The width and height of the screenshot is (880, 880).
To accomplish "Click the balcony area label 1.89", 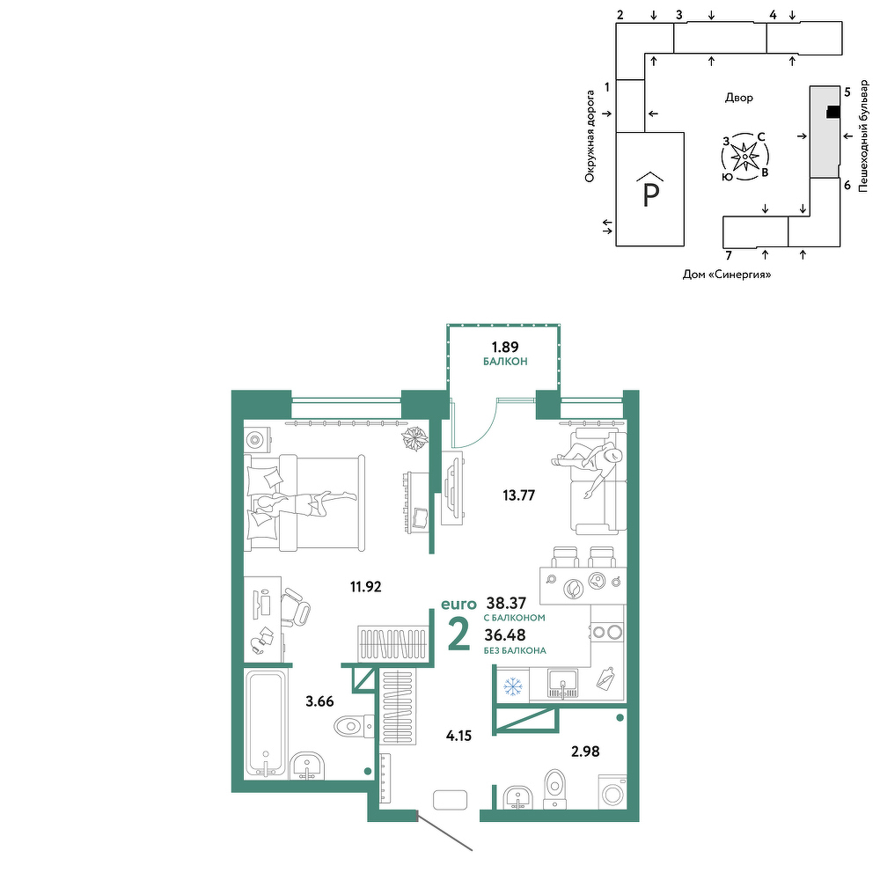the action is point(505,347).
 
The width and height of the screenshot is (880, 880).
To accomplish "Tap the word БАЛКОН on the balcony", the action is point(505,362).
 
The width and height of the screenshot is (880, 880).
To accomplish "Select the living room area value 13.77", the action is point(518,495).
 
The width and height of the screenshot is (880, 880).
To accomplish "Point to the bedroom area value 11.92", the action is point(366,586).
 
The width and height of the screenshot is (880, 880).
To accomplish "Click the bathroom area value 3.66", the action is point(319,701).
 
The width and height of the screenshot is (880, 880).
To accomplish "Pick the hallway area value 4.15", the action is point(458,735).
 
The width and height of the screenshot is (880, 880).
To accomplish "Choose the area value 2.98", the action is point(585,751).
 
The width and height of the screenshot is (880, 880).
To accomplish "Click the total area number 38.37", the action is point(506,603).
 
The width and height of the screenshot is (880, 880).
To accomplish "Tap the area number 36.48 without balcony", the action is point(505,634).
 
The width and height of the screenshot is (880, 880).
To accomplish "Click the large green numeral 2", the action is point(459,635).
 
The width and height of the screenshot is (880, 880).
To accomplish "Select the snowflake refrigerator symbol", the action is point(512,686).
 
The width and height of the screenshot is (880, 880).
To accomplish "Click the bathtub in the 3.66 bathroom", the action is point(266,723).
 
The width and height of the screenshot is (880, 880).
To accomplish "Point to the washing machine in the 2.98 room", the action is point(612,792).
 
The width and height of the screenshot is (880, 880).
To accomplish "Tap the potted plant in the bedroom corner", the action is point(414,438).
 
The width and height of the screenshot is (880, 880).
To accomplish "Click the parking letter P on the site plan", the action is point(650,194).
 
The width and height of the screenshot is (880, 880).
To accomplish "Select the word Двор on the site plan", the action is point(738,98).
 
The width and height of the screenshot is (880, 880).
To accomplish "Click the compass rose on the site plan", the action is point(744,157).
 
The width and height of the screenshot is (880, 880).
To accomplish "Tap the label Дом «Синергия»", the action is point(727,275).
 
